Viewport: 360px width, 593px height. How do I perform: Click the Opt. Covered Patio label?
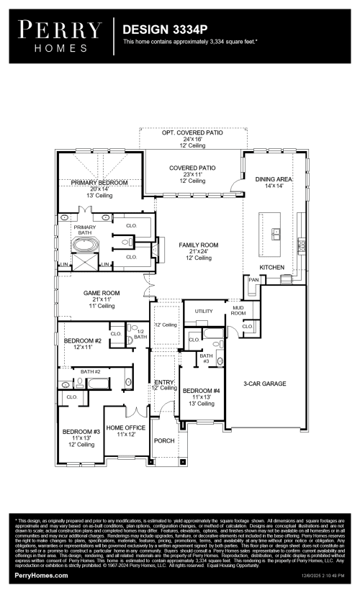pyautogui.click(x=192, y=134)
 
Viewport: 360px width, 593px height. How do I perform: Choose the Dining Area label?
pyautogui.click(x=274, y=178)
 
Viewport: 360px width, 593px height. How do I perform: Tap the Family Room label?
pyautogui.click(x=198, y=245)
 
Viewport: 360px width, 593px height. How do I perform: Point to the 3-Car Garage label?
pyautogui.click(x=264, y=384)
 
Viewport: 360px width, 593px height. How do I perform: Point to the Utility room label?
pyautogui.click(x=194, y=311)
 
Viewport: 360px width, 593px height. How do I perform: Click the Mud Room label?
pyautogui.click(x=238, y=311)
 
